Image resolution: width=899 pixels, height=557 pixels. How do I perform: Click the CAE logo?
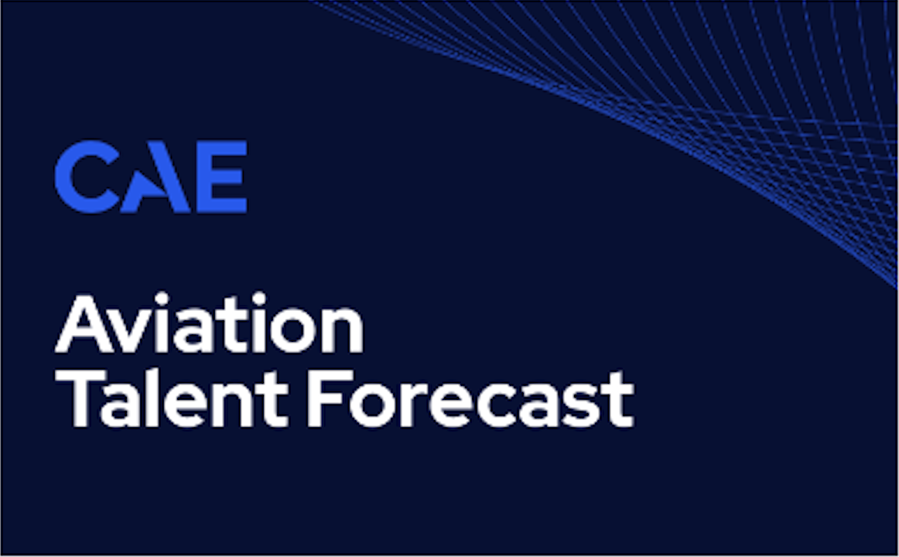point(151,176)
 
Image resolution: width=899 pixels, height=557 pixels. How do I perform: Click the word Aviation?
point(209,323)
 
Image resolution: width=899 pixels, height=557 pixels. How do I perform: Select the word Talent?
point(172,399)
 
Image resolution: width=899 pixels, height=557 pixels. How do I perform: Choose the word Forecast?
point(470,399)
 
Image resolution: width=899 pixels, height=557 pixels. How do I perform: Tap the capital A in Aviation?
point(84,324)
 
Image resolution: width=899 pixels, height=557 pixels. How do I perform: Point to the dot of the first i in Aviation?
point(162,299)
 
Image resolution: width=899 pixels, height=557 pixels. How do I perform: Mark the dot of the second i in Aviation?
point(258,299)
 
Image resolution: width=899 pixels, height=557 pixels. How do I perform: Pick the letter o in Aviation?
point(293,333)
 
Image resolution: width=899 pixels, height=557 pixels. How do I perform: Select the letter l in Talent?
point(152,398)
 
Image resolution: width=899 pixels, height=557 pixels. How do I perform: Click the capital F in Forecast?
point(330,399)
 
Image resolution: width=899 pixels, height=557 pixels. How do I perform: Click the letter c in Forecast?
point(497,406)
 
